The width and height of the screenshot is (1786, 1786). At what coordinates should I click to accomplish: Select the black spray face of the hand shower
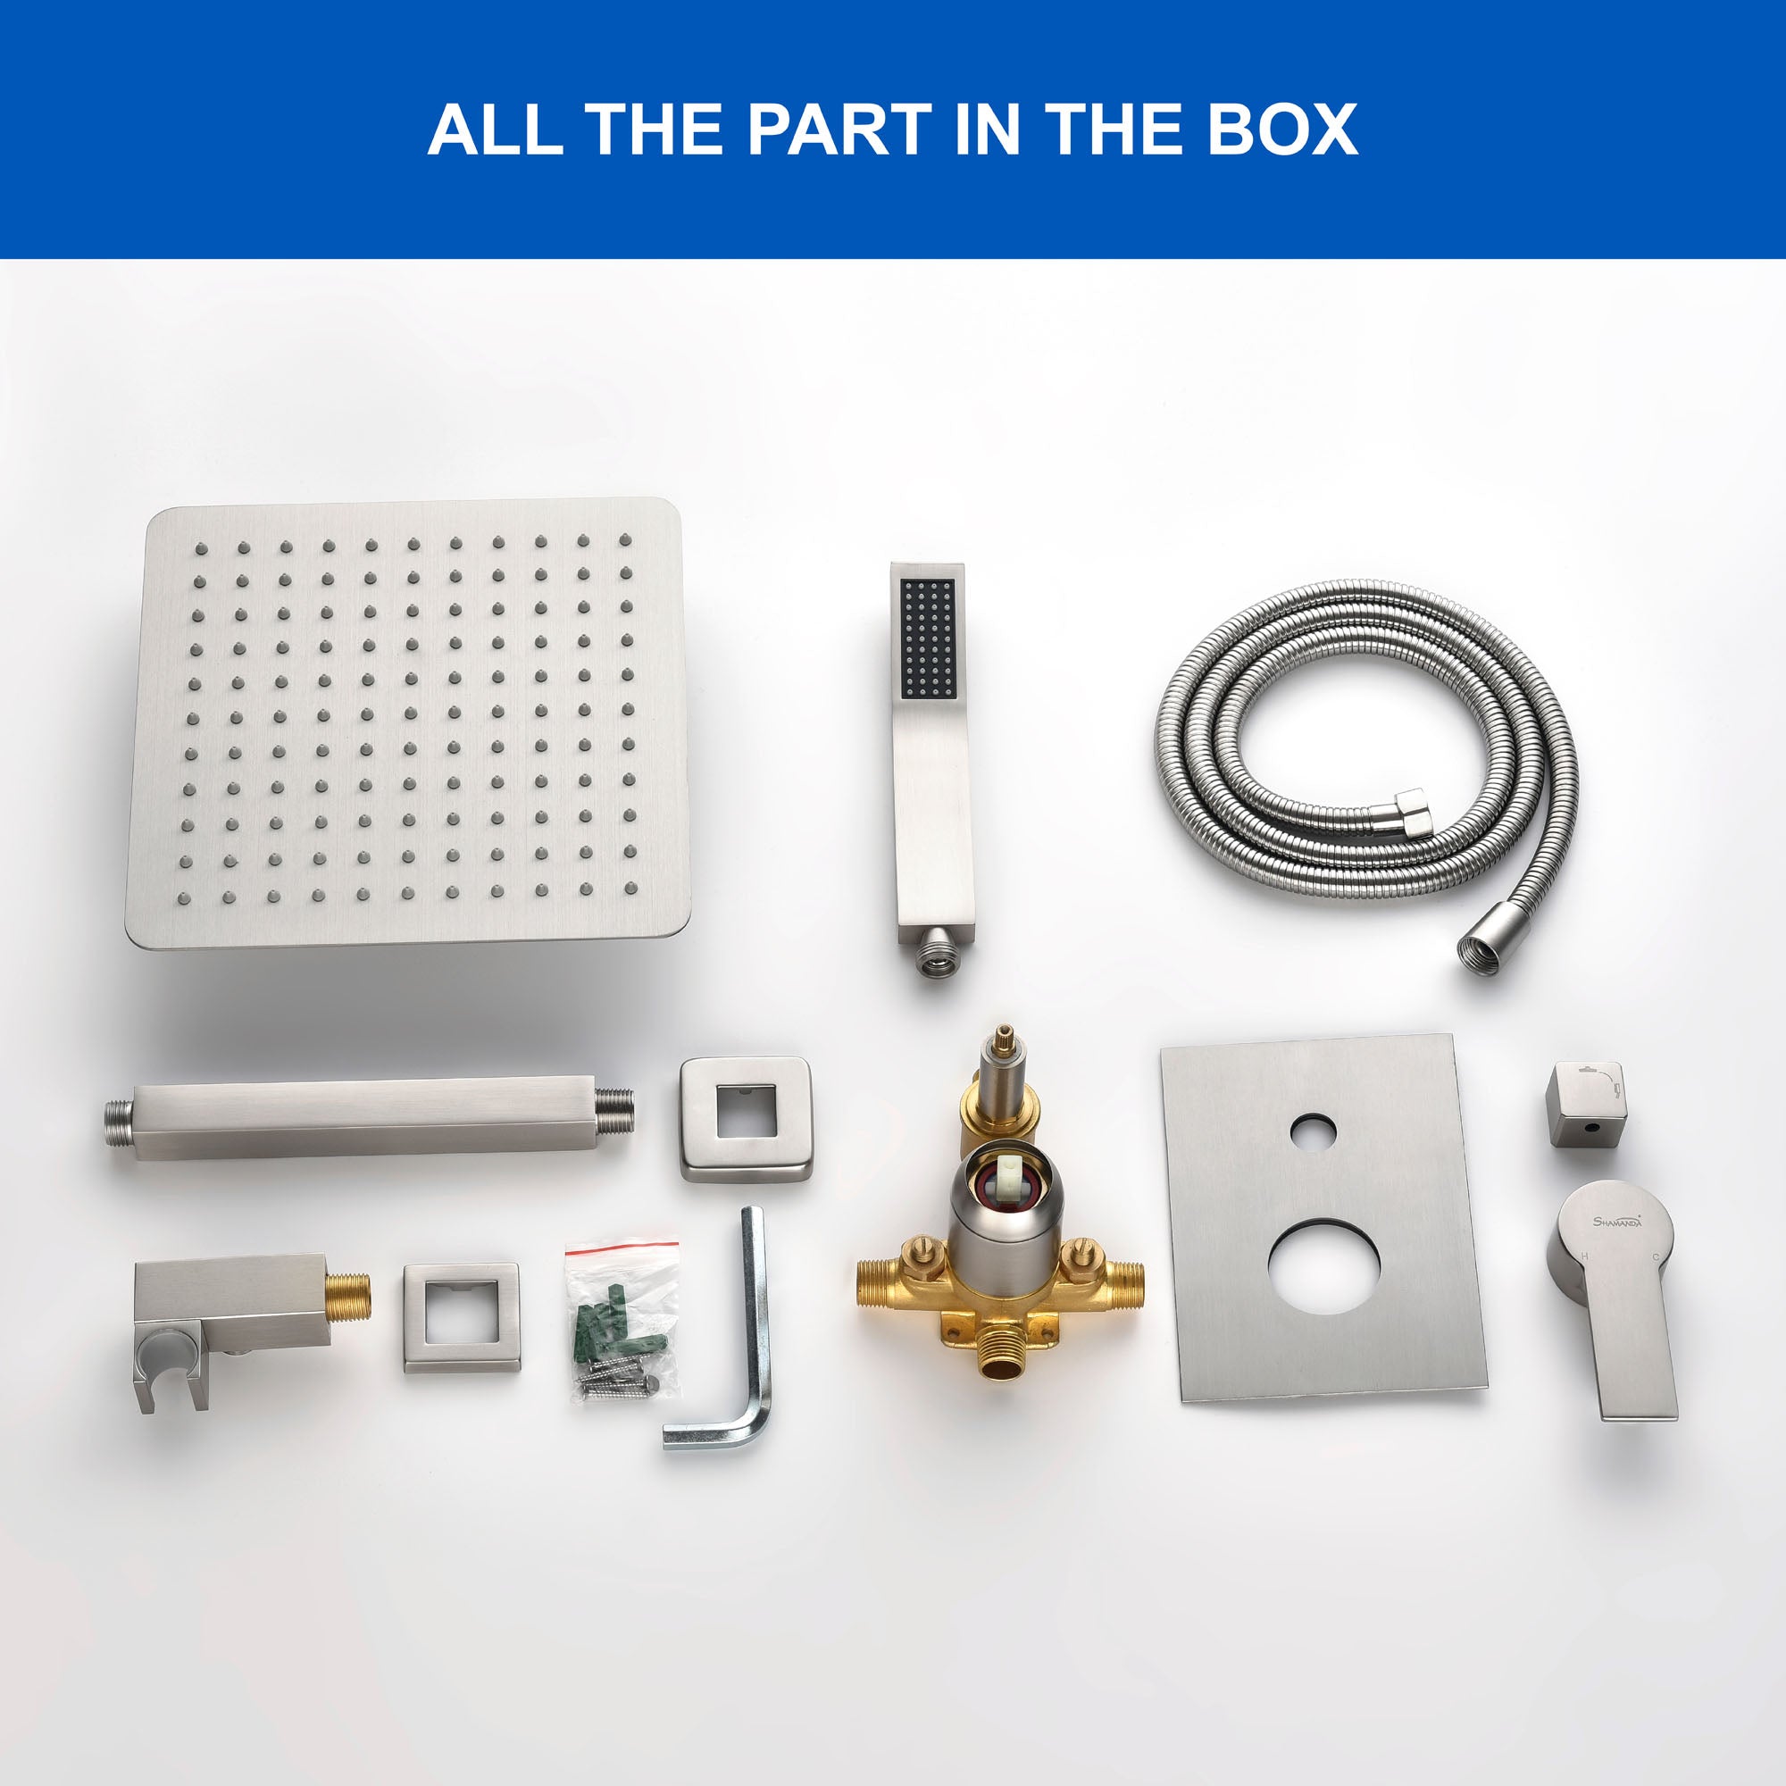click(927, 638)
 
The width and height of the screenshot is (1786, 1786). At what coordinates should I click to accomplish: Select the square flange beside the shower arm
click(746, 1118)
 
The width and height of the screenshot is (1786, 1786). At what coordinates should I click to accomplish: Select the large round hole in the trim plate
click(1323, 1266)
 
